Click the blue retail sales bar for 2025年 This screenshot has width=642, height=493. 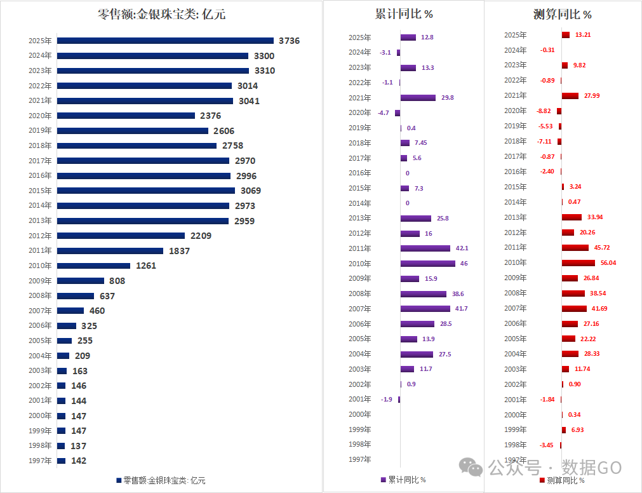[165, 41]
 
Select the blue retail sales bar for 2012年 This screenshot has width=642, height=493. [121, 236]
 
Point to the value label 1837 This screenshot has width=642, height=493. [179, 251]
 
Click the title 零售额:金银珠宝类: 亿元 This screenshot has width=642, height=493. [162, 14]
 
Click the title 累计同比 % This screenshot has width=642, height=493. [404, 14]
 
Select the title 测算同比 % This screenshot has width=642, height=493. [562, 14]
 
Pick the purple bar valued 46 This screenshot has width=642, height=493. [427, 263]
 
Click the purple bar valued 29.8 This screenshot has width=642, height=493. [418, 98]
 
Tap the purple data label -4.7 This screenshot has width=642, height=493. [383, 112]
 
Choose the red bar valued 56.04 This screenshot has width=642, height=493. [578, 262]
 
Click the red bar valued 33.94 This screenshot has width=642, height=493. [572, 217]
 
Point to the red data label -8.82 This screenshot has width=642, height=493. [544, 111]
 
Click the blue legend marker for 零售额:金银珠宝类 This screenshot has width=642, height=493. [119, 480]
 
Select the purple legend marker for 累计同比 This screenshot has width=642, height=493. [383, 480]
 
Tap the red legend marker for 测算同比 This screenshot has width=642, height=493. [542, 480]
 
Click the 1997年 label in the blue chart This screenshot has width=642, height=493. [40, 461]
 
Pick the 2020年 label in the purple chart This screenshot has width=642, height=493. [360, 112]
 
